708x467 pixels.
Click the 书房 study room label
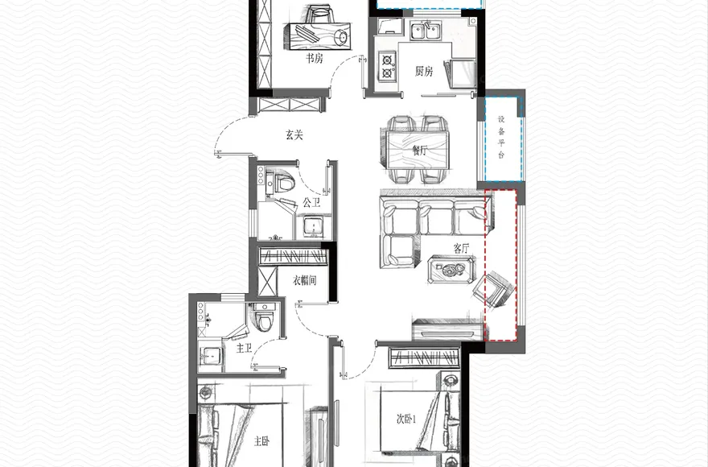pyautogui.click(x=315, y=58)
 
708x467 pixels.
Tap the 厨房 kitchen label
pyautogui.click(x=423, y=71)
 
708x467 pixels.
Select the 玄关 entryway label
pyautogui.click(x=294, y=134)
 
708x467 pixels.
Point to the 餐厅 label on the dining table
pyautogui.click(x=419, y=150)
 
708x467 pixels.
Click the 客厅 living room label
pyautogui.click(x=462, y=248)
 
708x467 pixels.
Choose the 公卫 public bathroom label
pyautogui.click(x=311, y=203)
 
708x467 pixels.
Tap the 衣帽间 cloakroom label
pyautogui.click(x=304, y=281)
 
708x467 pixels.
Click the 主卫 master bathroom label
pyautogui.click(x=244, y=348)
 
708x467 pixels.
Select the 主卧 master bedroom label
pyautogui.click(x=261, y=440)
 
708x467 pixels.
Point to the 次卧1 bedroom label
pyautogui.click(x=406, y=419)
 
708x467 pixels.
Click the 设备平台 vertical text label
pyautogui.click(x=501, y=138)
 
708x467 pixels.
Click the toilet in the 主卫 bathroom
pyautogui.click(x=263, y=316)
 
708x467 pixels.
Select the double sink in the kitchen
pyautogui.click(x=426, y=31)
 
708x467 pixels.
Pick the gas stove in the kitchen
pyautogui.click(x=388, y=66)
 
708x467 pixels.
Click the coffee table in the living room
pyautogui.click(x=451, y=270)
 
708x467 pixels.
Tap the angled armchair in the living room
pyautogui.click(x=495, y=289)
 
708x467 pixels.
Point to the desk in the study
pyautogui.click(x=316, y=35)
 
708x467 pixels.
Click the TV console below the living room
pyautogui.click(x=448, y=330)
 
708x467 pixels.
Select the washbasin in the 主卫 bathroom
pyautogui.click(x=210, y=357)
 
